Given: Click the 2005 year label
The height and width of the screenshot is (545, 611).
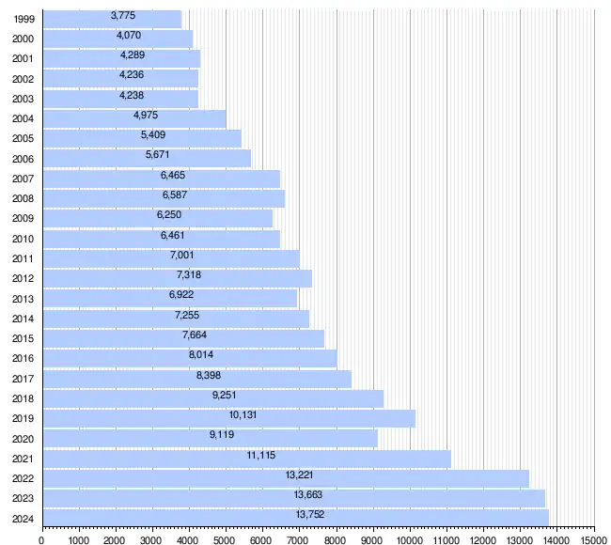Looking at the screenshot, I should click(23, 138).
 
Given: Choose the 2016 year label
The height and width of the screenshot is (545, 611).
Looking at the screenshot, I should click(23, 358).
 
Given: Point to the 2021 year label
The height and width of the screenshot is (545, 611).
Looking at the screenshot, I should click(23, 459).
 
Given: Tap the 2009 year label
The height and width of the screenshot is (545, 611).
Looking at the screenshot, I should click(23, 218).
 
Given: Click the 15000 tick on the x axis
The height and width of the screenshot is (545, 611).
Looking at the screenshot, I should click(593, 539).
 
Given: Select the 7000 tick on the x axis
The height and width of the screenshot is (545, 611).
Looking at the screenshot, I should click(299, 539).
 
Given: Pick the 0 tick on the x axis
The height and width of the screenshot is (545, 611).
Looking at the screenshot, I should click(42, 539).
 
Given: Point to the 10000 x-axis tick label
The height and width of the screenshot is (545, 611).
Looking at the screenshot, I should click(410, 539).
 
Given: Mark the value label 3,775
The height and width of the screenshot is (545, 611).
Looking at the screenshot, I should click(123, 15).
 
